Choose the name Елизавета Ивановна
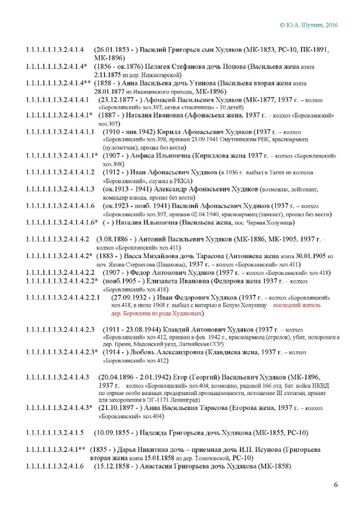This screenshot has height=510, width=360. pos(163,281)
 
